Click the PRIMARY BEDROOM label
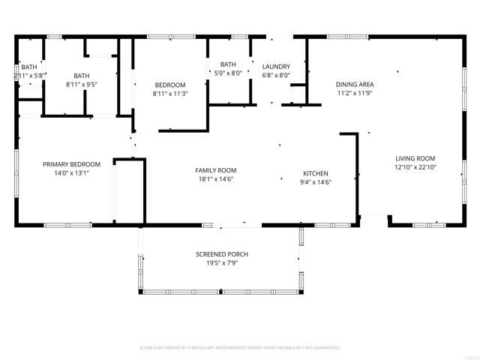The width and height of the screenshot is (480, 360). coord(71,164)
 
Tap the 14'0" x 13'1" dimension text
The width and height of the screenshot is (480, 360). coord(71,172)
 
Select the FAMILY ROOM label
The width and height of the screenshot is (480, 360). coord(216,170)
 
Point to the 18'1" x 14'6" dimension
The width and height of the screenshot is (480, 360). coord(216,179)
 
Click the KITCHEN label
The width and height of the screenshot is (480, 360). coord(316,172)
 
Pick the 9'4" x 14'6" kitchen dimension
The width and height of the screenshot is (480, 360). coord(316,181)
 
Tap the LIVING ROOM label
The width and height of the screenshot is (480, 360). coord(415,158)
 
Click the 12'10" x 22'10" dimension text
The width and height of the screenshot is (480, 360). coord(415,167)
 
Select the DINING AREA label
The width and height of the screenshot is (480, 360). coord(355,84)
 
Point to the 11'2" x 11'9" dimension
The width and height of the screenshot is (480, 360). coord(355,93)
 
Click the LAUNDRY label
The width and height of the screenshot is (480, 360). coord(276,66)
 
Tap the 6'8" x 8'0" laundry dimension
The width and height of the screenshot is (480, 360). coord(276,75)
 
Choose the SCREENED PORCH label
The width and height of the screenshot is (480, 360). coord(221,254)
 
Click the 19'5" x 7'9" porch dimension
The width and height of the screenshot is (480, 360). coord(221,263)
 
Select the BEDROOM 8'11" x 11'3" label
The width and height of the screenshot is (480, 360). coord(169,85)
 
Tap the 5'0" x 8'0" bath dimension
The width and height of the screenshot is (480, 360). coord(228,73)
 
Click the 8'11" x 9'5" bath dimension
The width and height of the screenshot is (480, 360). coord(81,85)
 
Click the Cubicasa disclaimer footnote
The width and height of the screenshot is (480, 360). coord(240,348)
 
